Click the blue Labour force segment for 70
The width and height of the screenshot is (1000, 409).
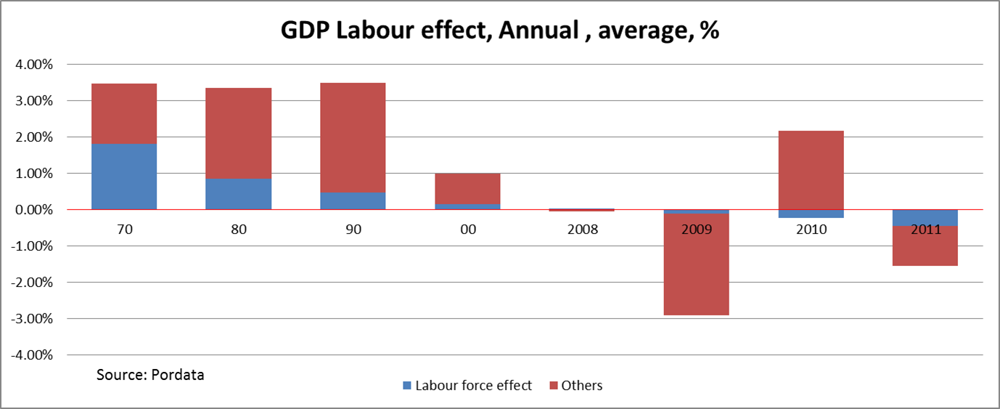(124, 177)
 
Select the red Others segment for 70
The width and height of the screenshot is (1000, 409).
(124, 113)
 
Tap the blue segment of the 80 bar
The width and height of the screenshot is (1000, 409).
(239, 194)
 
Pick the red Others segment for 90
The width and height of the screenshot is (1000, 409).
(353, 137)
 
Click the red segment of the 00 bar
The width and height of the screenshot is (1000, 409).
(468, 189)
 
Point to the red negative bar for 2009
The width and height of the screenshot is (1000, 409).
(697, 265)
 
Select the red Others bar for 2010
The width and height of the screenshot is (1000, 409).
(811, 170)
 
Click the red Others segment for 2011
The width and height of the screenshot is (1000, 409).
(926, 246)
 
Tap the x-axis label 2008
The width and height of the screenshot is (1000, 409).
(583, 230)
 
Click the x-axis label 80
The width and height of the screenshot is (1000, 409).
(239, 230)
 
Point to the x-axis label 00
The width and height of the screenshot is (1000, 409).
(468, 230)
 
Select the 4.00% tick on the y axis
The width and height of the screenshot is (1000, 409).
(33, 65)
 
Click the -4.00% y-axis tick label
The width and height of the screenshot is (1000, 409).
(32, 355)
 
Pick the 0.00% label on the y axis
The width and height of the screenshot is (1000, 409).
(33, 210)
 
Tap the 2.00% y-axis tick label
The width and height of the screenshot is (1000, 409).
(33, 137)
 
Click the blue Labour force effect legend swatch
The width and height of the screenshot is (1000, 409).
(407, 386)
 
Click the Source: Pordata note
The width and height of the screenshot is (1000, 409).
(150, 375)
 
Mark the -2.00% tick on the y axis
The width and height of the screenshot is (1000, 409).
(32, 283)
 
